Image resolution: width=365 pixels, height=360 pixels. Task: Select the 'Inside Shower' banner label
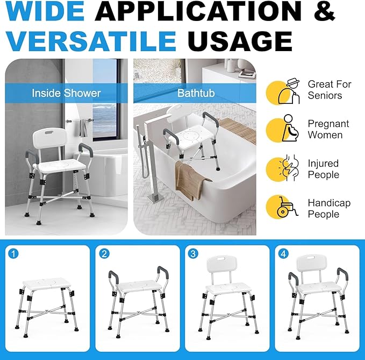[66, 93]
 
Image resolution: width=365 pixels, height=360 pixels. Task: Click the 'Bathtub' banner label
[196, 93]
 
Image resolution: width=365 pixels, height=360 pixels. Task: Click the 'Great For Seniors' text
[329, 90]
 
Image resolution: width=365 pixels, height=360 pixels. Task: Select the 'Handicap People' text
[329, 208]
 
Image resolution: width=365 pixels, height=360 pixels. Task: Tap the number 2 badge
[105, 253]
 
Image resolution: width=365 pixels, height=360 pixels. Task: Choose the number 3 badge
[194, 253]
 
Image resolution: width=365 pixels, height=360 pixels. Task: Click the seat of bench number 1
[46, 283]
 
